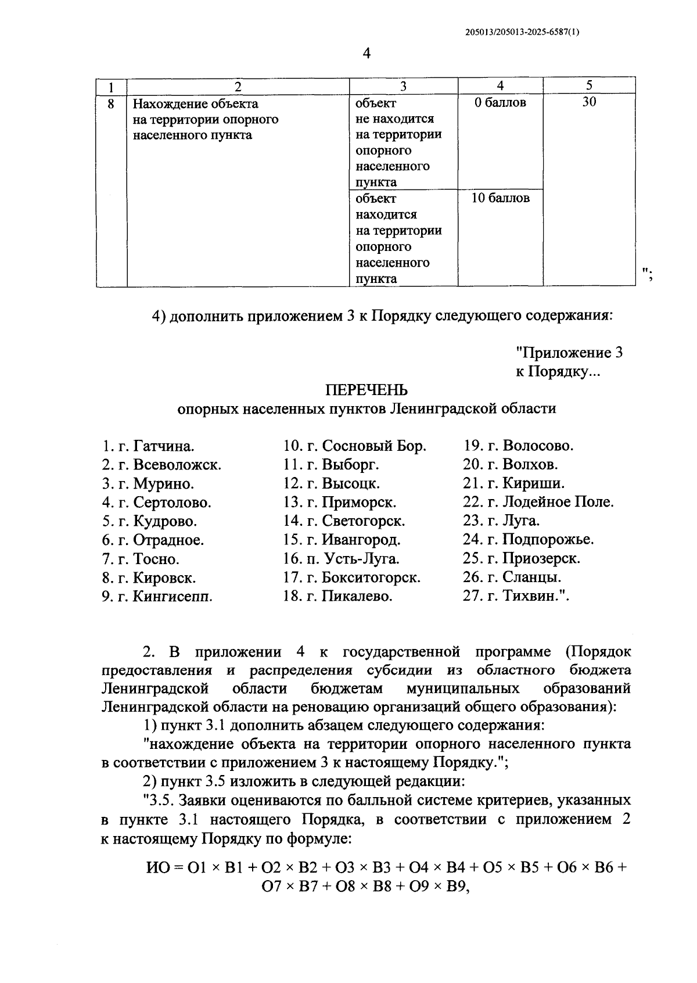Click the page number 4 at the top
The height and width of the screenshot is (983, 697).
click(x=366, y=54)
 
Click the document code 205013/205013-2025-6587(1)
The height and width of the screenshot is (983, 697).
click(x=522, y=33)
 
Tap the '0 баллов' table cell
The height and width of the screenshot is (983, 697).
click(x=500, y=103)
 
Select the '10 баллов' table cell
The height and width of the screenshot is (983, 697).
click(x=500, y=198)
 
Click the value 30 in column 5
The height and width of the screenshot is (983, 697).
click(x=589, y=102)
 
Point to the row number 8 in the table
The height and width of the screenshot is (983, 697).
click(x=112, y=103)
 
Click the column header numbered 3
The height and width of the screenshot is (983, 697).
click(x=403, y=87)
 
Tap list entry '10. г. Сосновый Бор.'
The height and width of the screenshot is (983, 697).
click(x=354, y=446)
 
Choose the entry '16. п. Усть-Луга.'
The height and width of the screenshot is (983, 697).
click(x=342, y=559)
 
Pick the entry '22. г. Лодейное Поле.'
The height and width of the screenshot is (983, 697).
click(x=538, y=502)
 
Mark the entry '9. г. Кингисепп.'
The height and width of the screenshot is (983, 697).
click(x=157, y=596)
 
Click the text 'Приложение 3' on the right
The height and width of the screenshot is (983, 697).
click(x=569, y=353)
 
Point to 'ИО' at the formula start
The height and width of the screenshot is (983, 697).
click(x=157, y=868)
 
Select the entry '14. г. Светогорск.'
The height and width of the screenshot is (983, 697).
click(x=344, y=521)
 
